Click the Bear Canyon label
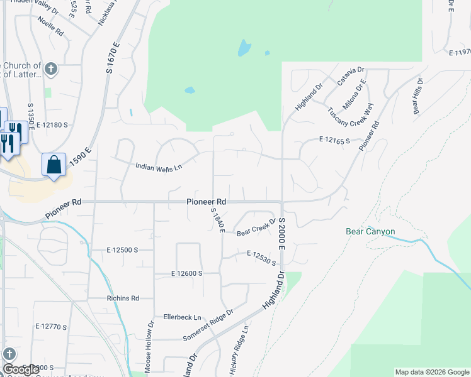[x=370, y=232]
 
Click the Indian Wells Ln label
[x=159, y=167]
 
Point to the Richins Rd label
[x=123, y=298]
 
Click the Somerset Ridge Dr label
[x=208, y=325]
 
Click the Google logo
[x=21, y=370]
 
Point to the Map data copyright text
[x=431, y=372]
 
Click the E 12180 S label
[x=52, y=126]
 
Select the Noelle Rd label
[x=50, y=25]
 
